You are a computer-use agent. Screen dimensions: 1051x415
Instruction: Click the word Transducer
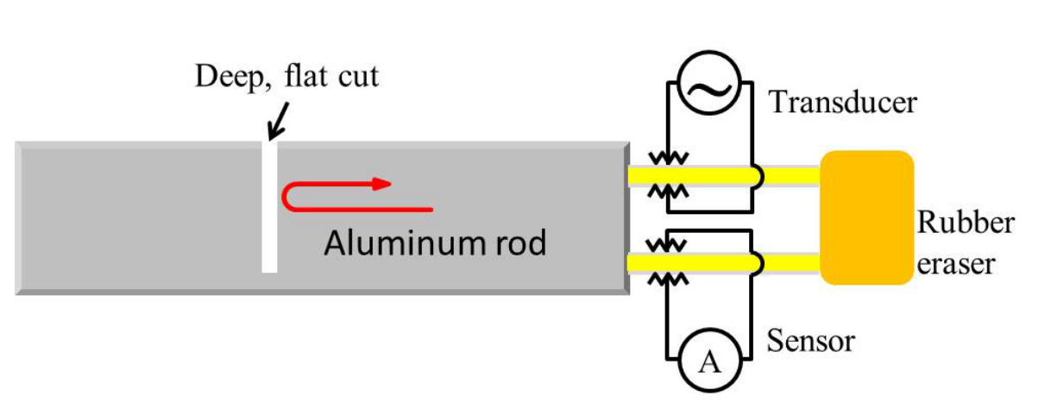(842, 102)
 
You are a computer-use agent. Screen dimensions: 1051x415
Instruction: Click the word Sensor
(810, 341)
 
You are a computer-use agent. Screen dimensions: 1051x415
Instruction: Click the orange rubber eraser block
(866, 217)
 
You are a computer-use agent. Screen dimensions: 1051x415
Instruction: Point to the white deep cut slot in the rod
(269, 206)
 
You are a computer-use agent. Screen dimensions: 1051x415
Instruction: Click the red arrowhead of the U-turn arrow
(381, 184)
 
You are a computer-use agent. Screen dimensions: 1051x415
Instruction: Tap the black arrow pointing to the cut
(278, 122)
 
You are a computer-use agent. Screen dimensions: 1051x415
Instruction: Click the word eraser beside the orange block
(956, 265)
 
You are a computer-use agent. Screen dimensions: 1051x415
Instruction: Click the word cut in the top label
(358, 77)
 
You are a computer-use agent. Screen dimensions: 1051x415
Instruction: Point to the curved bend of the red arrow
(287, 198)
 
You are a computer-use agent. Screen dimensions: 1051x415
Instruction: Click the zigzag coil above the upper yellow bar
(668, 158)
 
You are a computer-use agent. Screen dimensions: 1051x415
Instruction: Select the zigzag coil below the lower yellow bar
(668, 280)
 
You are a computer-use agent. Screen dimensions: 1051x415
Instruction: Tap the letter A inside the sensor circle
(709, 362)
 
